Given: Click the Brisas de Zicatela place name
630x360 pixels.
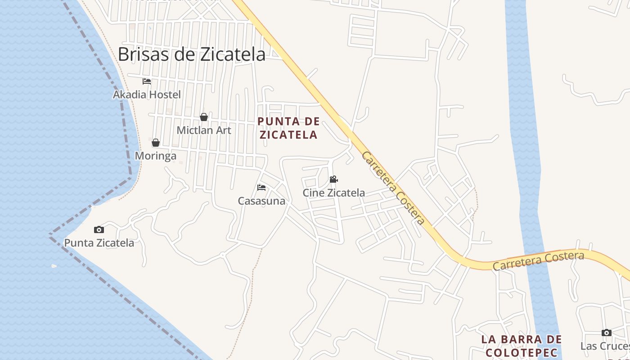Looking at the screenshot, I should coord(192,54).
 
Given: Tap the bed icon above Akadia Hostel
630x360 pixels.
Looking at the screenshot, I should coord(147,81).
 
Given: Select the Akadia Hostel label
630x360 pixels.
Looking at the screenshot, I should coord(147,94).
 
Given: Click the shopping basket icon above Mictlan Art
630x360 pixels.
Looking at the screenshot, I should coord(204,117).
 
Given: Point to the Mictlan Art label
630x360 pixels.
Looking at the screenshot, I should coord(204,130).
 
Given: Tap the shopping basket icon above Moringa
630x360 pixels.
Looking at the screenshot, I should coord(156,143).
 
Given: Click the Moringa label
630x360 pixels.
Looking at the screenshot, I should coord(156,156).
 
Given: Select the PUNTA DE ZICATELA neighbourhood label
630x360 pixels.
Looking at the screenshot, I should coord(288,128).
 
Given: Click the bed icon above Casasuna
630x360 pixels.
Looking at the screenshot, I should coord(261,187).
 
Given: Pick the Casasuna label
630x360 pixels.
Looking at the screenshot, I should coord(261,201).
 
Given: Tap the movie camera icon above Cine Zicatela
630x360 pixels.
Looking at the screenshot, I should coord(333,179).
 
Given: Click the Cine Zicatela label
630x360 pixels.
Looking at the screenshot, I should coord(333,193).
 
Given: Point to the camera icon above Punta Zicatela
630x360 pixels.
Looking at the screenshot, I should coord(99,229).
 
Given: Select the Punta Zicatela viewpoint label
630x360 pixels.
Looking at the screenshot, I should coord(99,243).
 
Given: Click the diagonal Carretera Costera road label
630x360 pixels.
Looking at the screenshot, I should coord(393,188).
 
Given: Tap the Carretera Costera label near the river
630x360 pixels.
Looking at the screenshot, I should coord(538,261).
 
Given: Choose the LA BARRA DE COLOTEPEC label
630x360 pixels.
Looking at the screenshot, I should coord(522,346).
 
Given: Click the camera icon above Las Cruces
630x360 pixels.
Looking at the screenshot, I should coord(607,333).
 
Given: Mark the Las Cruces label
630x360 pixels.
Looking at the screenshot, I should coord(605,346).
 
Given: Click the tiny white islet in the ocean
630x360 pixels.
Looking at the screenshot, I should coord(54,266).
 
